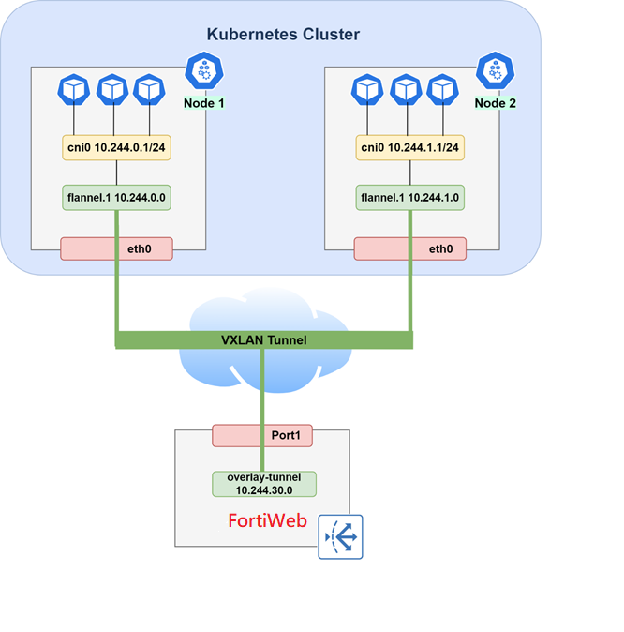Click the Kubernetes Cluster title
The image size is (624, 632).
[x=283, y=35]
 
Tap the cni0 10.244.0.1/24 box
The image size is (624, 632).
[x=116, y=147]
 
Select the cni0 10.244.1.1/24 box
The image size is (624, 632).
[x=409, y=147]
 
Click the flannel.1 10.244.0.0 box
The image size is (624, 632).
[x=116, y=198]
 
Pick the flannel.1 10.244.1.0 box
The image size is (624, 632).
[x=409, y=198]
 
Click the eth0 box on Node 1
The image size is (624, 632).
[x=132, y=249]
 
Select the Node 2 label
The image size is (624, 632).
[x=496, y=102]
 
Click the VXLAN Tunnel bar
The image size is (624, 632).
[x=263, y=339]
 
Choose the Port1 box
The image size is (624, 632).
[x=262, y=436]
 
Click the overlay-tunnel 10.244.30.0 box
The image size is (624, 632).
[x=263, y=484]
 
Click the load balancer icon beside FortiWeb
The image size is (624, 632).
[x=340, y=537]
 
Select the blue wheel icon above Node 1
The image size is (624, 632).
[x=202, y=69]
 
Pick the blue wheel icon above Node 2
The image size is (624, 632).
[x=495, y=69]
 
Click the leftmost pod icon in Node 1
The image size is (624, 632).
[x=74, y=90]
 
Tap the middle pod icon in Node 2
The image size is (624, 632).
[x=405, y=90]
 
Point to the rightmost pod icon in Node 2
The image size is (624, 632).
[x=441, y=90]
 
